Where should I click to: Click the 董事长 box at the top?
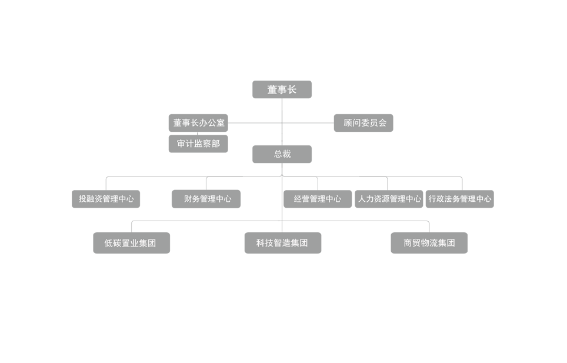[x=282, y=89]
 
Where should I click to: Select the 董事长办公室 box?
[x=198, y=123]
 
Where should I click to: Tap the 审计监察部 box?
[x=198, y=144]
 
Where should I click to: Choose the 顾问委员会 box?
[x=363, y=123]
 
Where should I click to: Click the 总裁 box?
[x=282, y=154]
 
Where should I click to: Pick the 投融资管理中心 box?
[x=106, y=199]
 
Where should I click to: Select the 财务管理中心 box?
[x=206, y=199]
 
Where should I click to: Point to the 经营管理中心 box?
[x=318, y=199]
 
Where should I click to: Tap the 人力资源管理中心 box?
[x=389, y=199]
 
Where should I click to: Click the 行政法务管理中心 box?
[x=459, y=199]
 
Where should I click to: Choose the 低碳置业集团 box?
[x=132, y=243]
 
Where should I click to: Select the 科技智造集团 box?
[x=283, y=243]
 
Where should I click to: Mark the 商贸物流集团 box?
[x=429, y=243]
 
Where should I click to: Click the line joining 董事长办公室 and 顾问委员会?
[x=281, y=123]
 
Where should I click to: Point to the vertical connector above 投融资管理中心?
[x=106, y=184]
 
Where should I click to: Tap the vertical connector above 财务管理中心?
[x=206, y=184]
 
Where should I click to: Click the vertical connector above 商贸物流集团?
[x=429, y=227]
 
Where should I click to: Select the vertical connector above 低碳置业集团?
[x=132, y=227]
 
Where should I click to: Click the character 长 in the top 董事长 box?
[x=292, y=89]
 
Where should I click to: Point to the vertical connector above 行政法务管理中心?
[x=462, y=184]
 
